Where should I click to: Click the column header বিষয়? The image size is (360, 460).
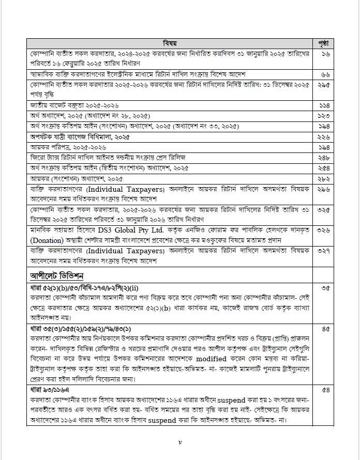[170, 42]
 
